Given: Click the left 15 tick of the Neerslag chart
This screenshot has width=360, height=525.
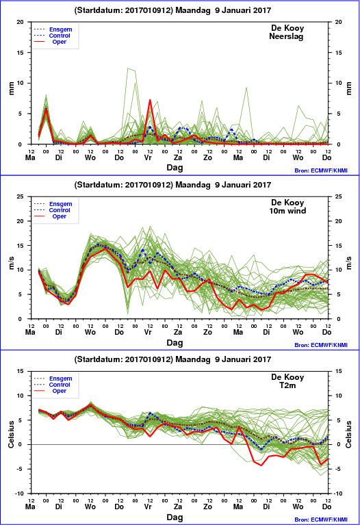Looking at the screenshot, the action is point(21,53).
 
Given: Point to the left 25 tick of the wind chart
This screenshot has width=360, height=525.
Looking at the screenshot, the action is point(21,196).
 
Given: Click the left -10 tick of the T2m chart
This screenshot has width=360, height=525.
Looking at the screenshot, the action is point(19,494).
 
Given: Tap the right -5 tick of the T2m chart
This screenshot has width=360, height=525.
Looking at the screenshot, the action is point(337,469).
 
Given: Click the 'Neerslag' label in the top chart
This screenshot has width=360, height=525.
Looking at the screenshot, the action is point(286,36).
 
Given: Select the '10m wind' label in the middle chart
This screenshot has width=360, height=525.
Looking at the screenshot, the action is point(287,211).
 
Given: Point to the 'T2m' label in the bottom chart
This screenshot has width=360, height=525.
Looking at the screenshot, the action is point(287,385).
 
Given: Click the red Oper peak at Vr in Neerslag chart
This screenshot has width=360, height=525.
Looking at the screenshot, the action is point(150,100).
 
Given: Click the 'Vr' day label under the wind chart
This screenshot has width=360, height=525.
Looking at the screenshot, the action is point(148,332).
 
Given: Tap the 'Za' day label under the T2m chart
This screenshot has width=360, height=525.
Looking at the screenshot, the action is point(178,507).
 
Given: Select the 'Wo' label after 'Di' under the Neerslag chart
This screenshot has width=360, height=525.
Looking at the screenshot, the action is point(90,157).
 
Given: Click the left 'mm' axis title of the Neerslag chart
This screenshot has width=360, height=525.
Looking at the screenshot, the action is point(11,88).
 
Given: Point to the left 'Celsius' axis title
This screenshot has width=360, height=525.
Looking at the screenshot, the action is point(11,434).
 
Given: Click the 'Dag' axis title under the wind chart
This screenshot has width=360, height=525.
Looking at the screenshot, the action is point(175,342).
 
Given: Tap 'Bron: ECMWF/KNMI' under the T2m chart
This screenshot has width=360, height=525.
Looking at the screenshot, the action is point(321,520).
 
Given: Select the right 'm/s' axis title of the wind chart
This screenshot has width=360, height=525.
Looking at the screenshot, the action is point(348,263).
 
